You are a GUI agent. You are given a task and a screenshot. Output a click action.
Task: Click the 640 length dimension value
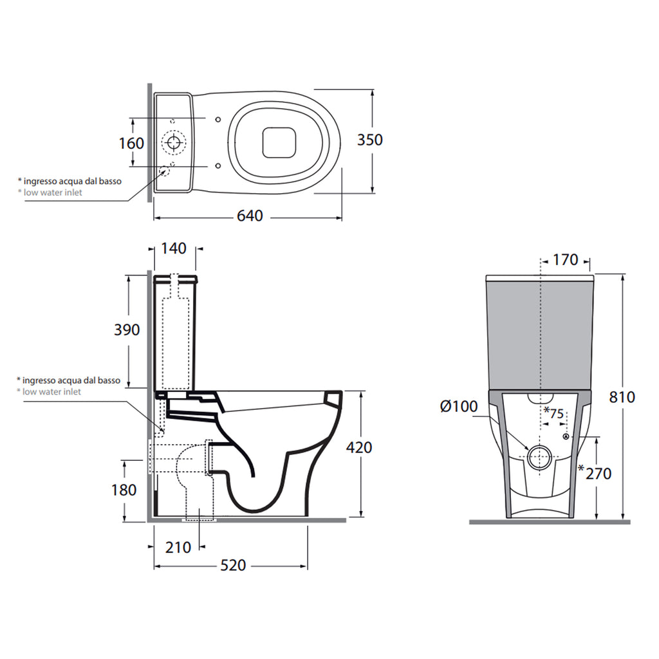coord(250,216)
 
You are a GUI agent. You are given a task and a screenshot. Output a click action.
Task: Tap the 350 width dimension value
coord(369,140)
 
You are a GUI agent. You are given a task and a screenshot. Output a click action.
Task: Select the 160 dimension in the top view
coord(131,142)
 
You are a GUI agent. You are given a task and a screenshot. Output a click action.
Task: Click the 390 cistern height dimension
coord(127,330)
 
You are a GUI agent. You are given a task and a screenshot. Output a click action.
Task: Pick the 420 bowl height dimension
coord(359,447)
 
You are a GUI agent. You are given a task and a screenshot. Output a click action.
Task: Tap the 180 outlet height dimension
coord(124,490)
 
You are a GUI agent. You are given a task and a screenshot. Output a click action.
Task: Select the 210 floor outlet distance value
coord(178,547)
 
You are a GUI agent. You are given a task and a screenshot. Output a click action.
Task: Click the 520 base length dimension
coord(233,565)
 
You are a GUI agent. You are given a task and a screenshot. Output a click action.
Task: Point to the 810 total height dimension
coord(622,397)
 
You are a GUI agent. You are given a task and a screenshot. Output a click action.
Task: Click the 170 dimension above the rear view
coord(566,261)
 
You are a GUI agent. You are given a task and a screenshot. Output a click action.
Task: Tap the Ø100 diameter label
coord(458,406)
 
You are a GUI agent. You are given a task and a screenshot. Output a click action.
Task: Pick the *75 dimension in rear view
coord(553,414)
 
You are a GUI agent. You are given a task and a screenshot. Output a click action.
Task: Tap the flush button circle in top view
coord(172,142)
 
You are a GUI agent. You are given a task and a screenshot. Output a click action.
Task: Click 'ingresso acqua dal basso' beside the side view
coord(68,380)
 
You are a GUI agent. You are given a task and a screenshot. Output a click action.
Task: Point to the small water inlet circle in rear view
coord(566,437)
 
